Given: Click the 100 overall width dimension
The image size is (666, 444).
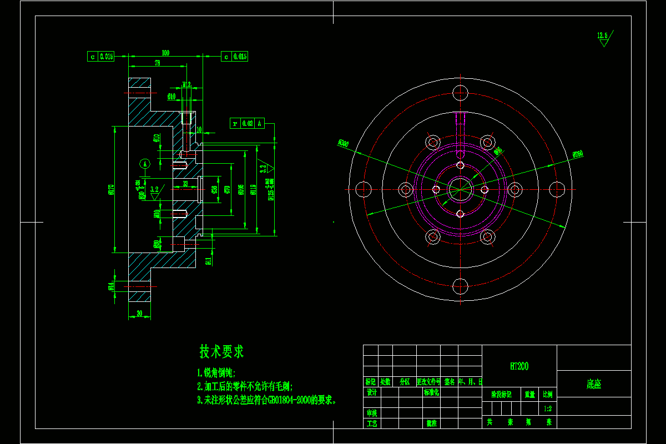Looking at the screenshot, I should point(165,53).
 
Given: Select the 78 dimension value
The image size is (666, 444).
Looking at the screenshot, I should point(157,63).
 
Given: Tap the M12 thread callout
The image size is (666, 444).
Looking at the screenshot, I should point(186,85).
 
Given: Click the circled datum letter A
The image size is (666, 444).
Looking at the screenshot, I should point(145,163).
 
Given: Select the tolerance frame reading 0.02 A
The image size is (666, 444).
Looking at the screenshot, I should point(247,123).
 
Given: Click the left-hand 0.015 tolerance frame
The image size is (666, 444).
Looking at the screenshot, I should point(101,56).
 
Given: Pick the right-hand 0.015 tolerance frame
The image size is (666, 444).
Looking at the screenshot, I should point(234,56).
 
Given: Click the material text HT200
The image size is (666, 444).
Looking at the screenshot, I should point(519,366).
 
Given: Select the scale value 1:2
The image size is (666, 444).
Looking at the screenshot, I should point(548,408).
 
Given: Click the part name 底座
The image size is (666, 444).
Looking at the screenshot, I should point(593,384).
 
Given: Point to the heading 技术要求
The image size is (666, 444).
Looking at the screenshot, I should point(221,351).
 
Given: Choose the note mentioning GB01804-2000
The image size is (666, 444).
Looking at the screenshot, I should point(267,400).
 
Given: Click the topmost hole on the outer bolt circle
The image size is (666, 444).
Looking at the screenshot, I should point(460,92).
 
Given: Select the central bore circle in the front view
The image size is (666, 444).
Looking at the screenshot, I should point(460,189).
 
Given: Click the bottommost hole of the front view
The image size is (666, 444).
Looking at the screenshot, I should point(460,286).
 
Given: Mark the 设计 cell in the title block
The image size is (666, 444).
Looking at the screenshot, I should point(371,392).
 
